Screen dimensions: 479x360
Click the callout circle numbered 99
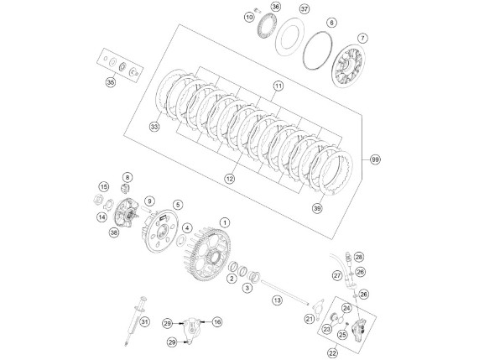(375, 159)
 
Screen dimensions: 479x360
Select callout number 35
(111, 82)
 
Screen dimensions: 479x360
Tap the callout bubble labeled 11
(278, 86)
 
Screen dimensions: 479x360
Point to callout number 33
(154, 127)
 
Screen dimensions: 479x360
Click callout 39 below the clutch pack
(317, 208)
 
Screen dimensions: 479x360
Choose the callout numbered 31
(145, 321)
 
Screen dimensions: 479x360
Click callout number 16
(217, 321)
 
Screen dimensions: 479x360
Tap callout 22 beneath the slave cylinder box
(333, 353)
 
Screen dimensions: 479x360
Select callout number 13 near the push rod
(277, 300)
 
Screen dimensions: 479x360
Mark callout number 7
(362, 39)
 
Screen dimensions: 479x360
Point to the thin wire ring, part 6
(317, 50)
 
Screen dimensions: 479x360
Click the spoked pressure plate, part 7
(348, 65)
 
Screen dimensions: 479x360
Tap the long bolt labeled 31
(135, 321)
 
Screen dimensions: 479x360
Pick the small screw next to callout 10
(258, 10)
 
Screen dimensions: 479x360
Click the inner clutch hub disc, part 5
(161, 231)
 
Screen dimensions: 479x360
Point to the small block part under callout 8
(125, 189)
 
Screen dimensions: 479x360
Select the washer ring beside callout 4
(181, 241)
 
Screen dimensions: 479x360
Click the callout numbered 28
(359, 257)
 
